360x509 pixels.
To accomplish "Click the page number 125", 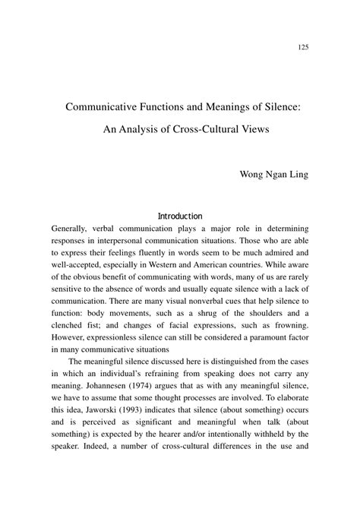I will tap(302, 47).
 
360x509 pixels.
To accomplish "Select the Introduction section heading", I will tap(179, 216).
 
